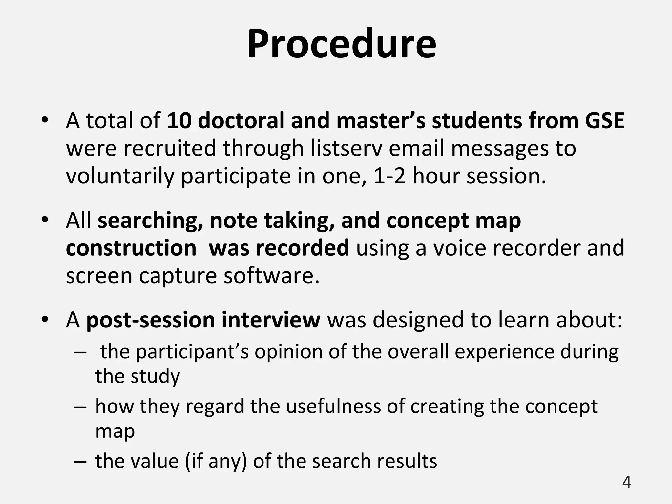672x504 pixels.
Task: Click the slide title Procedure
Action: tap(341, 44)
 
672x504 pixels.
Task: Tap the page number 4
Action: tap(626, 482)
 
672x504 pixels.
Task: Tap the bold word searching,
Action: tap(150, 221)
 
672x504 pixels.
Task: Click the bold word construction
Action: tap(131, 248)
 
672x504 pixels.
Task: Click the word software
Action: tap(271, 276)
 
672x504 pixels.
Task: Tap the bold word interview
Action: tap(271, 320)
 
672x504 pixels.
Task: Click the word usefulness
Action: tap(334, 406)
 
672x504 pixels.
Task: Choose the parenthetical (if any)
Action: tap(216, 461)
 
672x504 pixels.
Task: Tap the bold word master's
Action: tap(381, 121)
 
